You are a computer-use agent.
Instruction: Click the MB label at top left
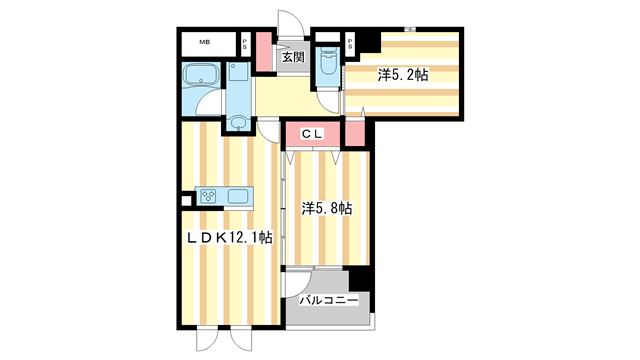point(205,42)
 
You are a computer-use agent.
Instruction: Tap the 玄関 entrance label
point(293,58)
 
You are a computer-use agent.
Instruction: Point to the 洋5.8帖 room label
point(327,208)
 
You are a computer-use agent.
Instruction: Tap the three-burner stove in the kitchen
point(212,196)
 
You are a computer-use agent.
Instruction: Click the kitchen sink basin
point(241,196)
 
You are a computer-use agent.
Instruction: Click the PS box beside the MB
point(246,43)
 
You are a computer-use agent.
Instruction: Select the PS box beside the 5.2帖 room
point(352,44)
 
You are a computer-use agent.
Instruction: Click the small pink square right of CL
point(355,134)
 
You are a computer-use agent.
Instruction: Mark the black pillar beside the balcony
point(360,280)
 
